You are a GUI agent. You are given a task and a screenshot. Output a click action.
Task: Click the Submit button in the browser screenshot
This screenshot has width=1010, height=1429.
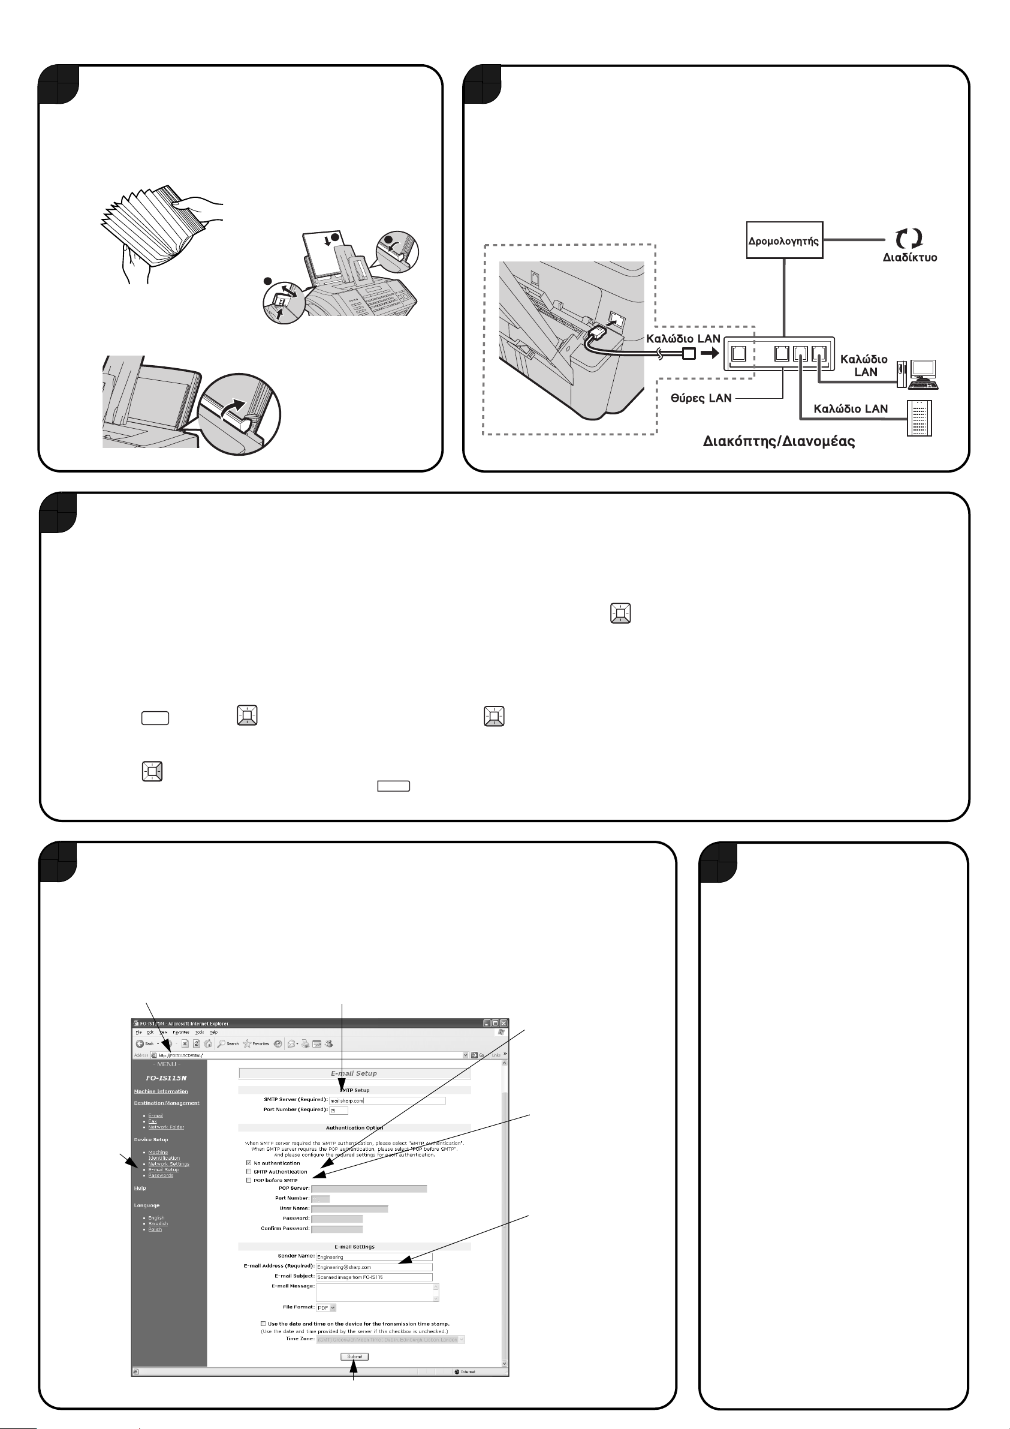(x=355, y=1356)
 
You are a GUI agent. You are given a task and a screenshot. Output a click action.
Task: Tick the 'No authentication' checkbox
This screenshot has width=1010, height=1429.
(x=249, y=1163)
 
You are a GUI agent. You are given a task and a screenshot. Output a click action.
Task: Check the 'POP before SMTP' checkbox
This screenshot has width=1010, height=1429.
(x=249, y=1180)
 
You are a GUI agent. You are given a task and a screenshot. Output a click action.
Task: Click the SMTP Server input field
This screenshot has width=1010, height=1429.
(x=387, y=1100)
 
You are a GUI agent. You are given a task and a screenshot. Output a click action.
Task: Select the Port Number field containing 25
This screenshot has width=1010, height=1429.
(x=339, y=1111)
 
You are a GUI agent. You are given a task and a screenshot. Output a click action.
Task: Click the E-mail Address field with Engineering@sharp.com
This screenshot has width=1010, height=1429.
(x=373, y=1267)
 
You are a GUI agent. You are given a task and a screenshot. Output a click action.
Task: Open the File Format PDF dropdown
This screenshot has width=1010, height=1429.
(x=327, y=1308)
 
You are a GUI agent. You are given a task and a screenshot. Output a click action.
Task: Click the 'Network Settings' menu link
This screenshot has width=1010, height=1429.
(x=168, y=1164)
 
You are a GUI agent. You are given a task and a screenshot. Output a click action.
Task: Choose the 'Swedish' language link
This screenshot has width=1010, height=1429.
(x=158, y=1223)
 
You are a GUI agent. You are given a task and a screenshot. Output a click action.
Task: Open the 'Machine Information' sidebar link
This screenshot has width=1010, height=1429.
(x=161, y=1091)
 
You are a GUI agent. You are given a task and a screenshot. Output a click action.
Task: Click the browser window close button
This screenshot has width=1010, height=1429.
(x=504, y=1023)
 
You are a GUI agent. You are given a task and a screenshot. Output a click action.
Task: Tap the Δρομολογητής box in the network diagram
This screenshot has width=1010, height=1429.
(x=784, y=240)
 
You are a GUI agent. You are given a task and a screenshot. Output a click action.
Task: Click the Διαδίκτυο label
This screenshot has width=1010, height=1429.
(x=910, y=258)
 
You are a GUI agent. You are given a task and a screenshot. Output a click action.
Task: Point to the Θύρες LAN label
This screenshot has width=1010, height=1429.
(x=701, y=398)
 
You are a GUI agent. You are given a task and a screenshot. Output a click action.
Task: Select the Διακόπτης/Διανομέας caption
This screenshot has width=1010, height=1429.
(x=779, y=442)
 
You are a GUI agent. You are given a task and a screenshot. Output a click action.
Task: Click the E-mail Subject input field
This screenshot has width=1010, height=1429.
(x=373, y=1277)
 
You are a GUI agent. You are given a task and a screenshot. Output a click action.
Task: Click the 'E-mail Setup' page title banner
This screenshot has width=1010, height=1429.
(x=354, y=1073)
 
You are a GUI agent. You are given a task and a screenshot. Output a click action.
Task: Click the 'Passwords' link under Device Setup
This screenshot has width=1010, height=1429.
(x=161, y=1175)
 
